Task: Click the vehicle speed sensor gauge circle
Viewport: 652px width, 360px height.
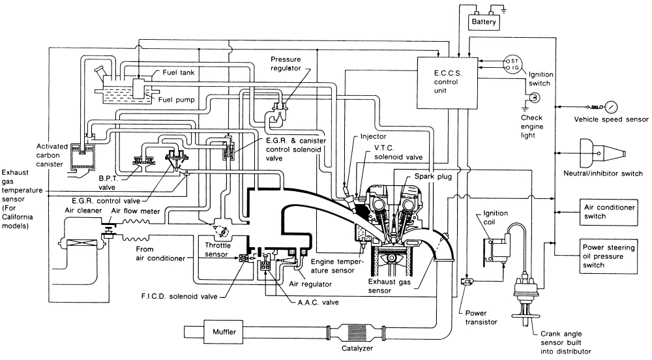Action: pos(612,106)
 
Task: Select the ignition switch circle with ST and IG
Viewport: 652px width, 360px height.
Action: pos(514,66)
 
